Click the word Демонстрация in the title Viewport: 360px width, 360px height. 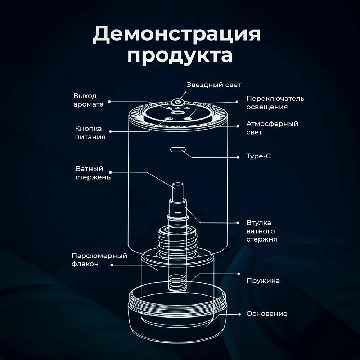pos(176,35)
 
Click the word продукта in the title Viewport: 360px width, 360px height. pos(180,57)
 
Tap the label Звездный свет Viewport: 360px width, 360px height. pos(214,85)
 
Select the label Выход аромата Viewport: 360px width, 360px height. pos(89,100)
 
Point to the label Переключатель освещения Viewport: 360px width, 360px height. pos(275,103)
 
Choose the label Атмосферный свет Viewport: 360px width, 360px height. pos(272,128)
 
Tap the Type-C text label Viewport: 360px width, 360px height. pos(258,157)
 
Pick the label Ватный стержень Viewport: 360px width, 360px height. pos(93,173)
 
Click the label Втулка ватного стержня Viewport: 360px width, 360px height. pos(261,231)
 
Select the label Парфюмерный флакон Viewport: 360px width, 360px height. pos(99,260)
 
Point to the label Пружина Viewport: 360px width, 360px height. pos(263,280)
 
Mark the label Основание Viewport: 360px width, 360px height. pos(267,314)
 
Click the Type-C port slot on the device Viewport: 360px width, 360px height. pos(177,149)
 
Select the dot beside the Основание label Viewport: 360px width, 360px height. pos(239,314)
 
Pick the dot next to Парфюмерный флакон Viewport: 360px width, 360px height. pos(112,265)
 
